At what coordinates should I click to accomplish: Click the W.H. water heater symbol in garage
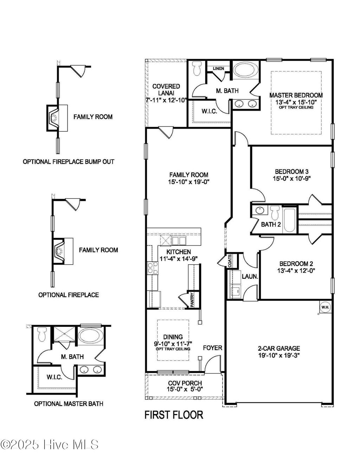point(324,307)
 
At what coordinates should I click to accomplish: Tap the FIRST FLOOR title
point(174,415)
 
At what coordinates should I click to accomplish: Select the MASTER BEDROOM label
point(296,95)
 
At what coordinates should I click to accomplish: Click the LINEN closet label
point(218,68)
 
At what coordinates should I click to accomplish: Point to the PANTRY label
point(192,300)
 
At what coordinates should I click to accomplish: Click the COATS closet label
point(229,261)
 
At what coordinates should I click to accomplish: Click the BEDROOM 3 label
point(291,171)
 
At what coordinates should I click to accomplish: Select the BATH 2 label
point(271,224)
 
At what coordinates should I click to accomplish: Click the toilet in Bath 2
point(275,213)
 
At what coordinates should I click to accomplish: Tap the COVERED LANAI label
point(166,90)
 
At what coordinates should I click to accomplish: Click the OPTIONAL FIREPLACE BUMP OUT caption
point(69,162)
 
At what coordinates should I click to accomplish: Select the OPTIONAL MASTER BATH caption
point(69,404)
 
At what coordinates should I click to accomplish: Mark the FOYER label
point(212,348)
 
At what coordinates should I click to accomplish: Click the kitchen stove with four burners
point(153,268)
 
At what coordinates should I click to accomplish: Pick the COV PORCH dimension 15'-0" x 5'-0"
point(185,389)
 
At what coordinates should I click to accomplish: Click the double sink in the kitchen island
point(179,241)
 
